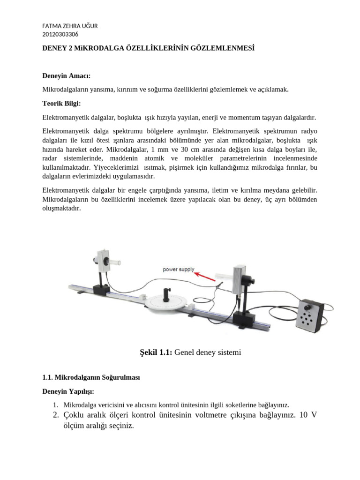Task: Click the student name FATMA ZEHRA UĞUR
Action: pyautogui.click(x=70, y=26)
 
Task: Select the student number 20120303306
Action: pyautogui.click(x=60, y=34)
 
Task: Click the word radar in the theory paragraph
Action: pyautogui.click(x=51, y=158)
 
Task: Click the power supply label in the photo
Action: pyautogui.click(x=178, y=270)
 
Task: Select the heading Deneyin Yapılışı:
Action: pyautogui.click(x=68, y=391)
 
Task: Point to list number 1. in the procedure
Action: pyautogui.click(x=55, y=405)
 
